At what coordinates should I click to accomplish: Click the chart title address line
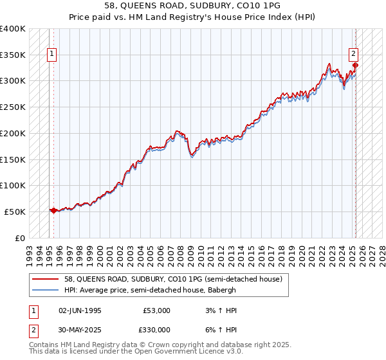tap(193, 4)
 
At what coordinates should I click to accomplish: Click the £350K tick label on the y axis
tap(13, 55)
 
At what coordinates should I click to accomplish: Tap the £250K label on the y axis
tap(13, 107)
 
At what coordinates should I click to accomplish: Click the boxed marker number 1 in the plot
tap(51, 55)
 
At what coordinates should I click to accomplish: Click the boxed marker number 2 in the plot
tap(354, 55)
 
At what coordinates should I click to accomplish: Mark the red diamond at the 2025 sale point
tap(355, 64)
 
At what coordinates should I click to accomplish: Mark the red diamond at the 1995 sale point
tap(53, 210)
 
